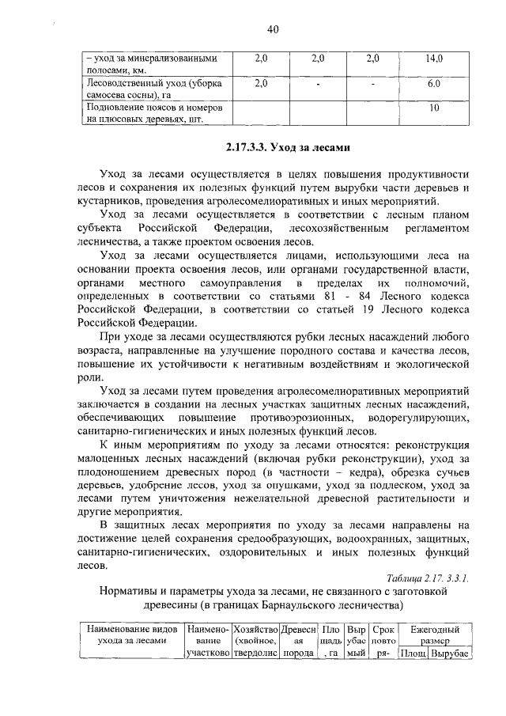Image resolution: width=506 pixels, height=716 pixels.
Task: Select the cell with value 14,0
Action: (434, 59)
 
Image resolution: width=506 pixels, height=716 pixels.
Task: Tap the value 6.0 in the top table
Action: (434, 84)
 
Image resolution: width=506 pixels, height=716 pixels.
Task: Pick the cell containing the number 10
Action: (434, 108)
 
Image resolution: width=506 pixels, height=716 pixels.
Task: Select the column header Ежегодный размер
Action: (434, 635)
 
